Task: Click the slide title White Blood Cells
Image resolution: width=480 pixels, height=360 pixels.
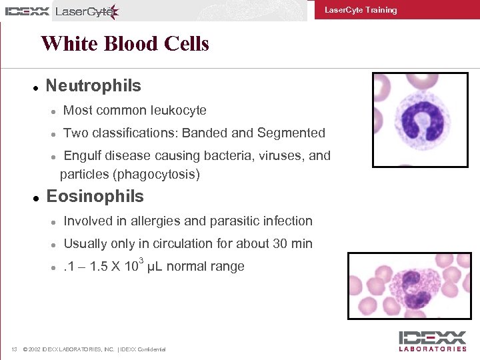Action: pyautogui.click(x=125, y=44)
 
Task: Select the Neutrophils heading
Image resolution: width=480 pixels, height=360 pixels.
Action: pyautogui.click(x=93, y=86)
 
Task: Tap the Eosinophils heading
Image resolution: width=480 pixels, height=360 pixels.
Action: pyautogui.click(x=95, y=197)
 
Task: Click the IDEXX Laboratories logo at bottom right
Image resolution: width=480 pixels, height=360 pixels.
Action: pyautogui.click(x=432, y=341)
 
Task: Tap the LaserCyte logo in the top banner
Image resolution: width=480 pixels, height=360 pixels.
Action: pyautogui.click(x=87, y=11)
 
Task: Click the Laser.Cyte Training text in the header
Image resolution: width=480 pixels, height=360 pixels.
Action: pyautogui.click(x=360, y=10)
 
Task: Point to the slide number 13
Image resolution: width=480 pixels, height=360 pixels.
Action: pyautogui.click(x=14, y=349)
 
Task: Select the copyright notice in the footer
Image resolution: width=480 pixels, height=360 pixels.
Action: pyautogui.click(x=94, y=349)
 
